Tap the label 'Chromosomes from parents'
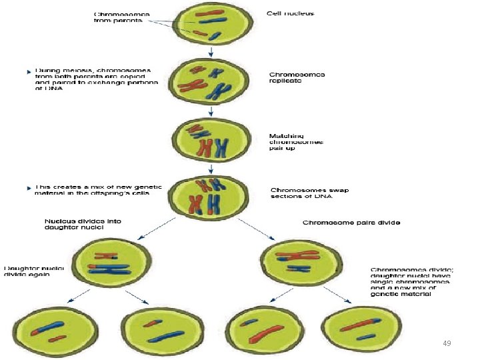[121, 17]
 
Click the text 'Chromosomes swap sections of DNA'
[301, 193]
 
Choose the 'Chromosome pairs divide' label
[351, 222]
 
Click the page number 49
[447, 343]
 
